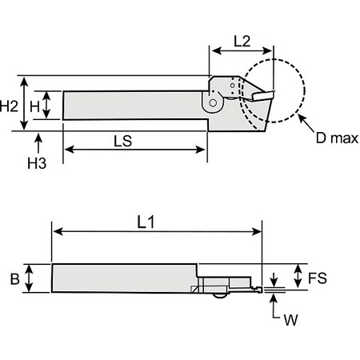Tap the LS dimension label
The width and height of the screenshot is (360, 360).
[x=122, y=138]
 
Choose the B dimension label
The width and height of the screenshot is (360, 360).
[x=13, y=279]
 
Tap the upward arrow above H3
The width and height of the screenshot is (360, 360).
[x=38, y=142]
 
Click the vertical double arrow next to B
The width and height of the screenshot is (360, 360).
[x=30, y=279]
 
